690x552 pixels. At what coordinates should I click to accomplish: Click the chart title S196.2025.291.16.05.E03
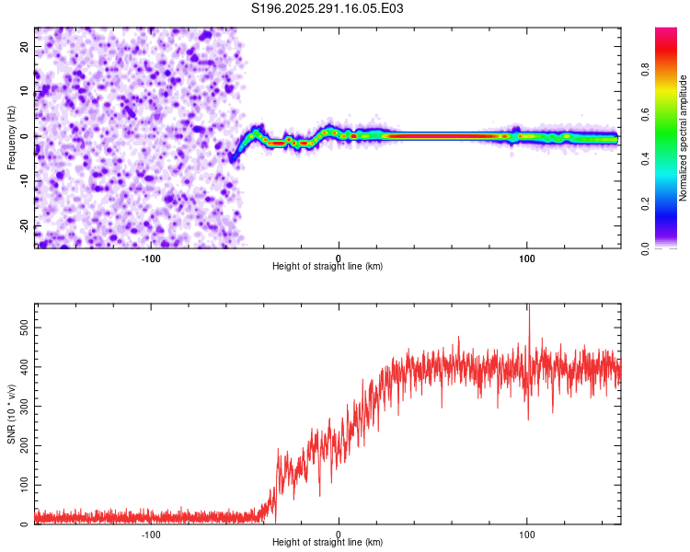pyautogui.click(x=328, y=8)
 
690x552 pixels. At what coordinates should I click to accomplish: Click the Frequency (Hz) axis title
pyautogui.click(x=11, y=137)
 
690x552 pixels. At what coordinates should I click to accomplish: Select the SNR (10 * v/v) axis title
pyautogui.click(x=11, y=415)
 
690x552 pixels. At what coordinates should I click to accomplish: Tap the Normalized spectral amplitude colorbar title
pyautogui.click(x=684, y=138)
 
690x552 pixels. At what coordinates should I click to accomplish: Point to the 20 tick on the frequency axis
pyautogui.click(x=25, y=46)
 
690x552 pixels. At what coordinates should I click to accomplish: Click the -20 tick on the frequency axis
pyautogui.click(x=23, y=226)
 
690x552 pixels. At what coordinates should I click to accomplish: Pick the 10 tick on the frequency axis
pyautogui.click(x=25, y=91)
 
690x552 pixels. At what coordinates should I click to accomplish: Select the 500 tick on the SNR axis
pyautogui.click(x=21, y=327)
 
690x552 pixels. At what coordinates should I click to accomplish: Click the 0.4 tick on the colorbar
pyautogui.click(x=647, y=158)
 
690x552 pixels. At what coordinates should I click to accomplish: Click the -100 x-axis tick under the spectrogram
pyautogui.click(x=151, y=258)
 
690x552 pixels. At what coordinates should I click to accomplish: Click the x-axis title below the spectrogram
pyautogui.click(x=328, y=267)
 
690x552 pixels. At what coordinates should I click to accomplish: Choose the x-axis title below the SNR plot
pyautogui.click(x=328, y=543)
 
